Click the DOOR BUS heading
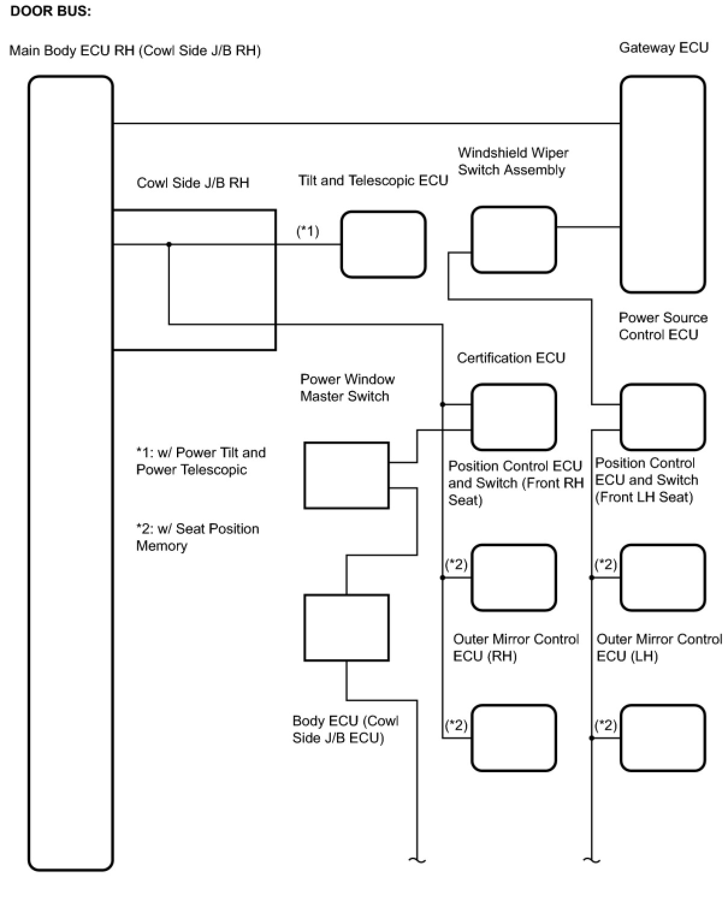[51, 11]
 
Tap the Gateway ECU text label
[664, 48]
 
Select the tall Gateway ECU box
[662, 184]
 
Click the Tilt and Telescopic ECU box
[383, 244]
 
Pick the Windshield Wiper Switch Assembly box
[513, 239]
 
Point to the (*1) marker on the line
[307, 231]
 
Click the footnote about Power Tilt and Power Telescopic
[200, 461]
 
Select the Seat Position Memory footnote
[197, 537]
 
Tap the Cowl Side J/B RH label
[193, 183]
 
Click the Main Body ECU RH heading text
[135, 51]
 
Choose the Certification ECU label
[511, 358]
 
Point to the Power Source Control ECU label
[662, 326]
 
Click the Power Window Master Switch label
[347, 387]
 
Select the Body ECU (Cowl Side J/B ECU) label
[345, 729]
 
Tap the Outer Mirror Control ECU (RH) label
[516, 647]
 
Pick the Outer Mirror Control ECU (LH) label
[659, 647]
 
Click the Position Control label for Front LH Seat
[646, 480]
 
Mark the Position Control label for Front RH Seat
[515, 482]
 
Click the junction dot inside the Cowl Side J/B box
[169, 244]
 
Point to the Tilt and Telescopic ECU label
[373, 180]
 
